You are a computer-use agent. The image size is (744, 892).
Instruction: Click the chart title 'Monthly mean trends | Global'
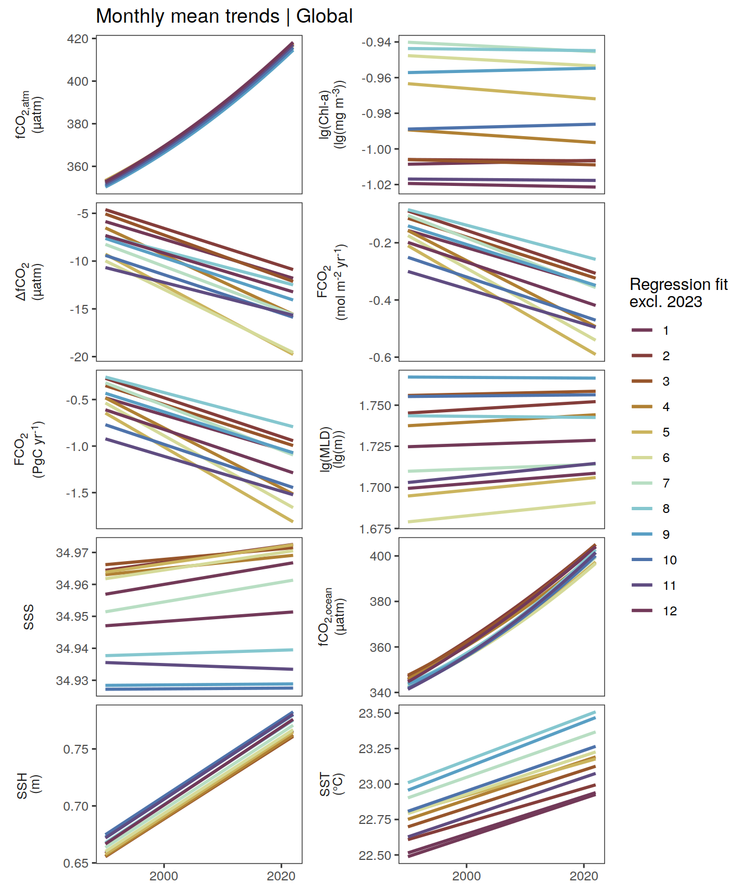pyautogui.click(x=224, y=16)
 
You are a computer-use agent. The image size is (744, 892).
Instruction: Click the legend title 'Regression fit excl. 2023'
pyautogui.click(x=678, y=293)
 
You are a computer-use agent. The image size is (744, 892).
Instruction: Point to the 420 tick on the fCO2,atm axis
pyautogui.click(x=77, y=39)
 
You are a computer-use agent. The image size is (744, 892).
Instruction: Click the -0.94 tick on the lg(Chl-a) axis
pyautogui.click(x=376, y=43)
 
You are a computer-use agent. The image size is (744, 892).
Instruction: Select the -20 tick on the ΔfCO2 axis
pyautogui.click(x=79, y=357)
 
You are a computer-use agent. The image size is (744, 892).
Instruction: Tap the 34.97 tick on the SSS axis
pyautogui.click(x=72, y=553)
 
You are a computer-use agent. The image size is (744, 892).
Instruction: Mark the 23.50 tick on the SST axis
pyautogui.click(x=375, y=713)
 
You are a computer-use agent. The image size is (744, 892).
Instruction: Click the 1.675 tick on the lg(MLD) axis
pyautogui.click(x=375, y=529)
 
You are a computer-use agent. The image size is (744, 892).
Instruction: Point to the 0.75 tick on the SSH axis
pyautogui.click(x=76, y=749)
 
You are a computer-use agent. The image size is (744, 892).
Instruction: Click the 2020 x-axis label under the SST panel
pyautogui.click(x=584, y=876)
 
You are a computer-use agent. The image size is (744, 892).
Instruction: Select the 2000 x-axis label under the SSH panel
pyautogui.click(x=164, y=876)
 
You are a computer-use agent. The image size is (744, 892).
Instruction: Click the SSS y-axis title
pyautogui.click(x=29, y=617)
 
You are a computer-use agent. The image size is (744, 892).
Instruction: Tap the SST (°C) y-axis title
pyautogui.click(x=332, y=784)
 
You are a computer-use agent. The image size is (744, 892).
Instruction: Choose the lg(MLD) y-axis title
pyautogui.click(x=332, y=449)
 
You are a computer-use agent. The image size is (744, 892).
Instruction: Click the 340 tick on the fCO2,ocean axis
pyautogui.click(x=380, y=693)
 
